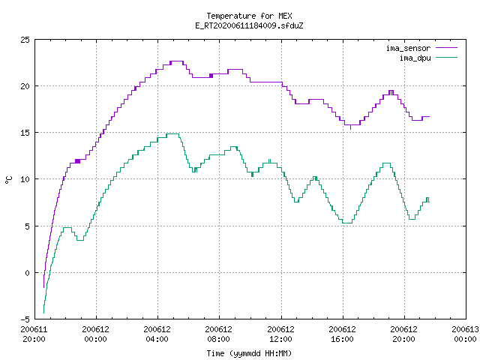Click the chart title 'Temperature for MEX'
tap(249, 16)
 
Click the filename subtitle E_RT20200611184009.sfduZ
tap(249, 25)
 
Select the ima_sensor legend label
tap(408, 48)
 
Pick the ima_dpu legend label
tap(415, 58)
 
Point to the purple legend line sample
tap(447, 48)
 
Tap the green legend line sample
tap(447, 58)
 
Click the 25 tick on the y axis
tap(25, 40)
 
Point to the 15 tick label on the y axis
tap(25, 133)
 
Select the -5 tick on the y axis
tap(25, 319)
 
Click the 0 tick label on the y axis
tap(27, 273)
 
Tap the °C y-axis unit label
tap(8, 180)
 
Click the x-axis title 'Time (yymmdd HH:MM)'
tap(249, 353)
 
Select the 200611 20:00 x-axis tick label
tap(34, 334)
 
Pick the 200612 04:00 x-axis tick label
tap(157, 334)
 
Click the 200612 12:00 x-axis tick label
tap(280, 334)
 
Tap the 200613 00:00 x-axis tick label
tap(465, 334)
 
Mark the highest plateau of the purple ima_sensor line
tap(177, 61)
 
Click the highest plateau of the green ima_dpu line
tap(172, 133)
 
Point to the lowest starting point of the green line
tap(43, 313)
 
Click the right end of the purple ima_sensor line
tap(429, 117)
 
